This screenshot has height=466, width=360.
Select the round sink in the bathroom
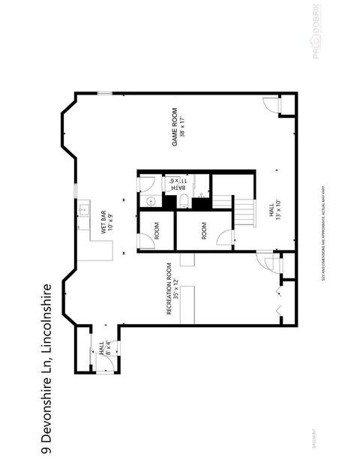(x=148, y=200)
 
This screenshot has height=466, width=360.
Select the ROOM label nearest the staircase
(x=204, y=231)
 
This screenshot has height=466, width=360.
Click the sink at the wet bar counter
(x=85, y=209)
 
